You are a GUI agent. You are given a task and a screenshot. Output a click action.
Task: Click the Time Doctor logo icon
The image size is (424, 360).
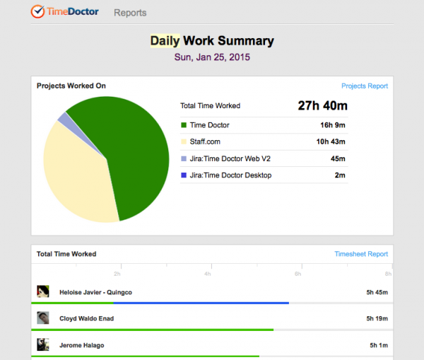[x=37, y=11]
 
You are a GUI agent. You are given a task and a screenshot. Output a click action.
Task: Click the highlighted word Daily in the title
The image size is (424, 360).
[x=165, y=41]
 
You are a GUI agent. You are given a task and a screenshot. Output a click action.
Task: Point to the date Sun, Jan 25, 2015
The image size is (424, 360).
[x=211, y=57]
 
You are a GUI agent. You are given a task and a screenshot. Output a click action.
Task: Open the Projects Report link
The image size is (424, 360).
[x=364, y=86]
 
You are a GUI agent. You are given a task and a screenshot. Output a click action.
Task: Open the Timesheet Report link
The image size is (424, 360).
[x=360, y=254]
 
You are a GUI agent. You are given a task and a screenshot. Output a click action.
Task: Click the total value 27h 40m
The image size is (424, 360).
[x=322, y=106]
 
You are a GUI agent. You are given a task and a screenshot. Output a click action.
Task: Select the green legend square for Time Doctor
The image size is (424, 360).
[x=184, y=125]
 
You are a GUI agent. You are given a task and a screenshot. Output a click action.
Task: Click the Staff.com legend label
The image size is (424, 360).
[x=206, y=142]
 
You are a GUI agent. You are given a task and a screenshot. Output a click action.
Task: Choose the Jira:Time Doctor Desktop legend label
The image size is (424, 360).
[x=230, y=175]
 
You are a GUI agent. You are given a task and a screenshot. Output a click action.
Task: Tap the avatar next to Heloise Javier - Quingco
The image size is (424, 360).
[x=43, y=291]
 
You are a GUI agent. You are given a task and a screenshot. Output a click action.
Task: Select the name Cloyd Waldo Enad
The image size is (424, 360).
[x=86, y=318]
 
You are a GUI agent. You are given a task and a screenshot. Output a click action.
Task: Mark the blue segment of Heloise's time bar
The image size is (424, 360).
[x=201, y=303]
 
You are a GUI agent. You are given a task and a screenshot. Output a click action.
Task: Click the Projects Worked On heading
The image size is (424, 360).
[x=71, y=86]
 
